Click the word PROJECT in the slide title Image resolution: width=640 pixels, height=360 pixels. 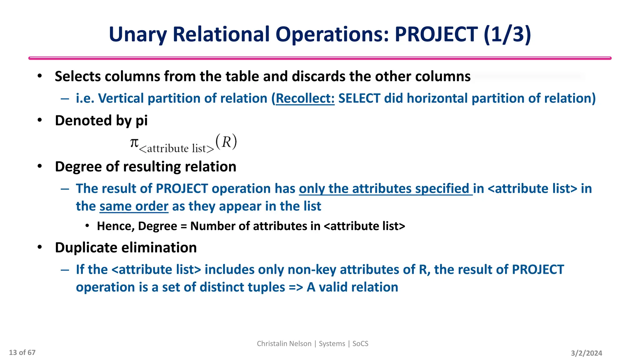click(x=436, y=34)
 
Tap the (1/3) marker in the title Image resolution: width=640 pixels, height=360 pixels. click(x=507, y=34)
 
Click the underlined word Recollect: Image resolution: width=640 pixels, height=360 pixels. click(x=305, y=98)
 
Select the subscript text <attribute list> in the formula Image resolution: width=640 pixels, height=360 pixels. click(x=177, y=148)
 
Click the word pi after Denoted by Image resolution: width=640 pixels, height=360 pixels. click(x=142, y=121)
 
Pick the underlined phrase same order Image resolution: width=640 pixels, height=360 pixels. click(x=134, y=207)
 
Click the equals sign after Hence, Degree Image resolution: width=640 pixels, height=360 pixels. click(x=184, y=226)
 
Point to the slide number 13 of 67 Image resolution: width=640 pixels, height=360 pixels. click(x=22, y=353)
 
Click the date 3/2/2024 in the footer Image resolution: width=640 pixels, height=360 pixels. click(x=586, y=353)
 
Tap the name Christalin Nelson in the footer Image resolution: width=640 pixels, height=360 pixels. click(x=284, y=344)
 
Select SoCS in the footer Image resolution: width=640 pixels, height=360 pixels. click(x=360, y=344)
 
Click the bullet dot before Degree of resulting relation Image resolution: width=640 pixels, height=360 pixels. click(x=40, y=166)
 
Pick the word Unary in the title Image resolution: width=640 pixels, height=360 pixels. click(x=137, y=34)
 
